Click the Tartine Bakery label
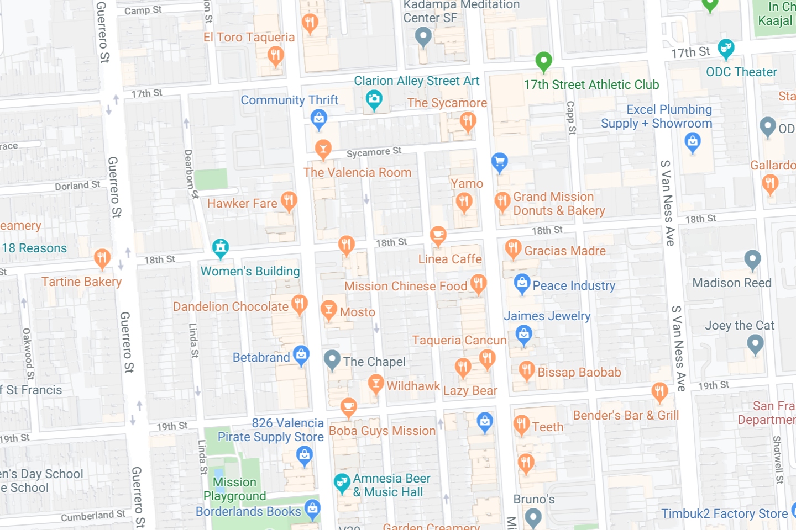pos(81,282)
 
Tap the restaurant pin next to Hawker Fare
pos(289,202)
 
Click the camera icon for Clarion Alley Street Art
pos(374,100)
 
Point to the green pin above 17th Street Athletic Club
pos(543,61)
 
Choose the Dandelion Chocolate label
pos(231,307)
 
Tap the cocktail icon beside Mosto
pos(329,310)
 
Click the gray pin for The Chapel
pos(332,360)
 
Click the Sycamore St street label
pos(374,152)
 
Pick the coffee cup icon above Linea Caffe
pos(438,236)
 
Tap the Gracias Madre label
pos(565,251)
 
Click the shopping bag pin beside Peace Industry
pos(522,284)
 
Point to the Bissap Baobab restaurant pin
pos(526,370)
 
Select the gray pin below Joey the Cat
pos(755,344)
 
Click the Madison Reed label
pos(732,283)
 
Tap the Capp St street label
pos(571,118)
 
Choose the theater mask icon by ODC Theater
pos(726,49)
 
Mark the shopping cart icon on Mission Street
pos(500,162)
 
